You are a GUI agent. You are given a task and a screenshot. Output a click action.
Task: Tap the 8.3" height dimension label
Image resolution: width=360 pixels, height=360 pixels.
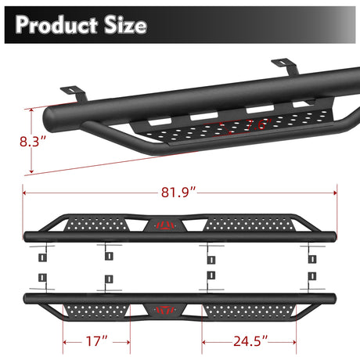[x=16, y=142]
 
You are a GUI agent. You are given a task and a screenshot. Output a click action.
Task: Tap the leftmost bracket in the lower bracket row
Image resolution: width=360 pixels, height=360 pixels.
[x=41, y=279]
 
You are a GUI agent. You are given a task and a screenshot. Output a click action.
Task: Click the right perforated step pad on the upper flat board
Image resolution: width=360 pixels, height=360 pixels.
[x=250, y=225]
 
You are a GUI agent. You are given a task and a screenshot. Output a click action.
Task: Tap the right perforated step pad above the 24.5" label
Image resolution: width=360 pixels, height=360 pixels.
[x=250, y=311]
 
